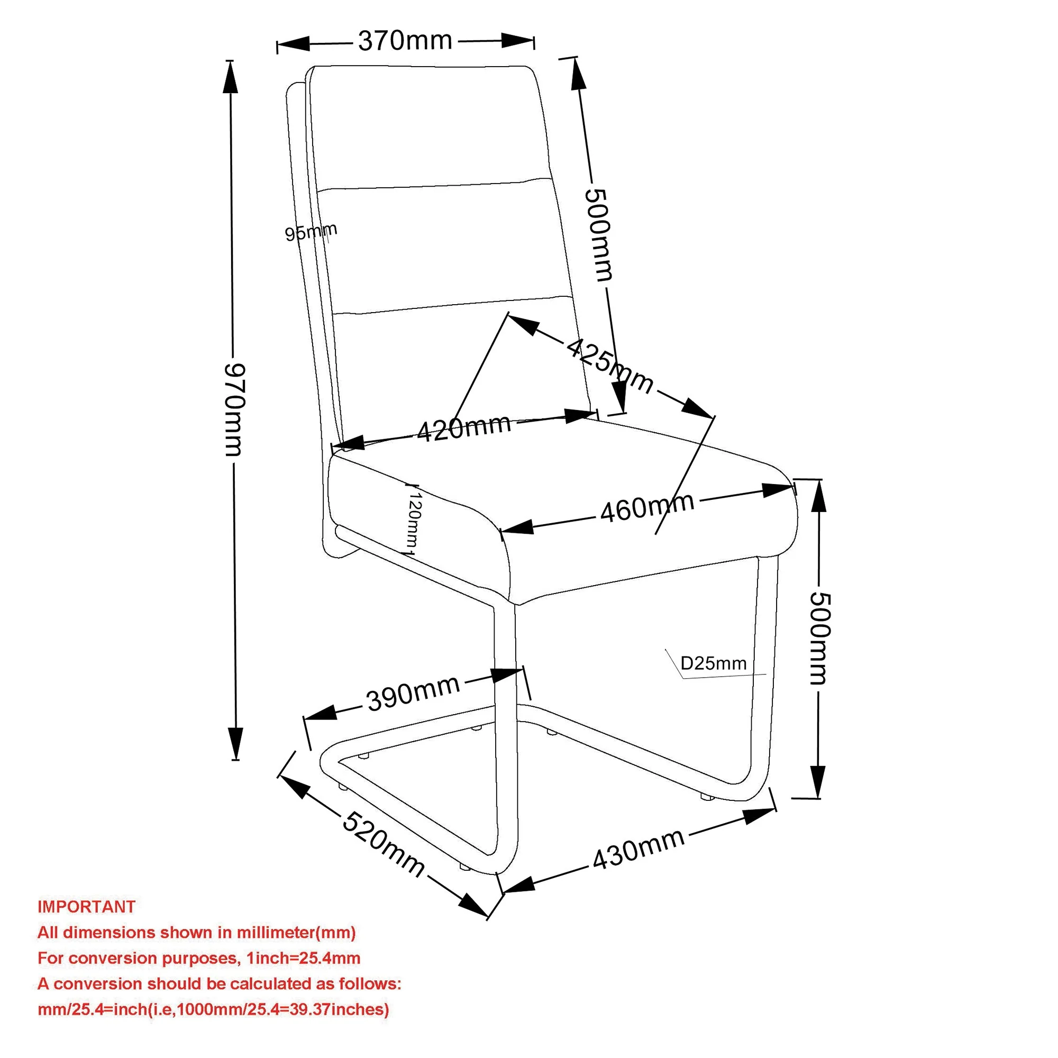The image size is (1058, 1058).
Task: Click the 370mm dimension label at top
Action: click(405, 41)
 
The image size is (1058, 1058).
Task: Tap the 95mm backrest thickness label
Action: click(311, 232)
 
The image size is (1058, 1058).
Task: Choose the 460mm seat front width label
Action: click(647, 507)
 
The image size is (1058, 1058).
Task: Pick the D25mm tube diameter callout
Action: click(713, 664)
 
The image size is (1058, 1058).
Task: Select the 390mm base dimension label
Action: click(413, 694)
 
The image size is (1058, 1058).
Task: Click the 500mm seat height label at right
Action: click(820, 639)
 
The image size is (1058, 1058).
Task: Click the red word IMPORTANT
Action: click(86, 906)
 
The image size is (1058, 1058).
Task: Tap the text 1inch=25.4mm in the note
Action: click(303, 958)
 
